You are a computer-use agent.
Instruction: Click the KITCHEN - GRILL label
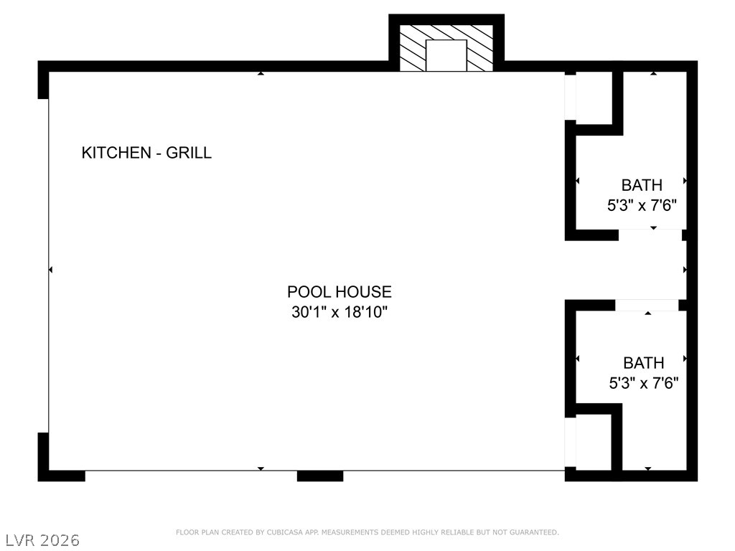click(146, 153)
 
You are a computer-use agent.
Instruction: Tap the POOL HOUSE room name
click(340, 292)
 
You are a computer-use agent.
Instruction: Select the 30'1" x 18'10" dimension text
click(340, 312)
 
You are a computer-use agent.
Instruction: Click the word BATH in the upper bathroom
click(642, 185)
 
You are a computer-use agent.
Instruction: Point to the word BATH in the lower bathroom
click(644, 363)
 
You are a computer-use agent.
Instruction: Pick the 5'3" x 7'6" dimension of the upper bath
click(642, 205)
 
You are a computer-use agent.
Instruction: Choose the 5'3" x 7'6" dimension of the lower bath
click(644, 383)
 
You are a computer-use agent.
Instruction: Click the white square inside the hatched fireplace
click(446, 56)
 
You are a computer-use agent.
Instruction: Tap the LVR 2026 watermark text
click(40, 540)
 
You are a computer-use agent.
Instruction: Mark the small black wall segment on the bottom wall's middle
click(320, 476)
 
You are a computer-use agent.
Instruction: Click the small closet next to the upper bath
click(594, 98)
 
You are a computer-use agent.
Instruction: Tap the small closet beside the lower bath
click(594, 442)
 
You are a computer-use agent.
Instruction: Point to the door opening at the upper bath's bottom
click(650, 235)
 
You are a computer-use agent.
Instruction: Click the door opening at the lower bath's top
click(647, 305)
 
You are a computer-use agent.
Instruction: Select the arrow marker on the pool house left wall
click(51, 270)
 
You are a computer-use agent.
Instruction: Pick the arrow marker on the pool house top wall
click(261, 73)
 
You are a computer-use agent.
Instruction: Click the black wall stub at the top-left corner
click(43, 80)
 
